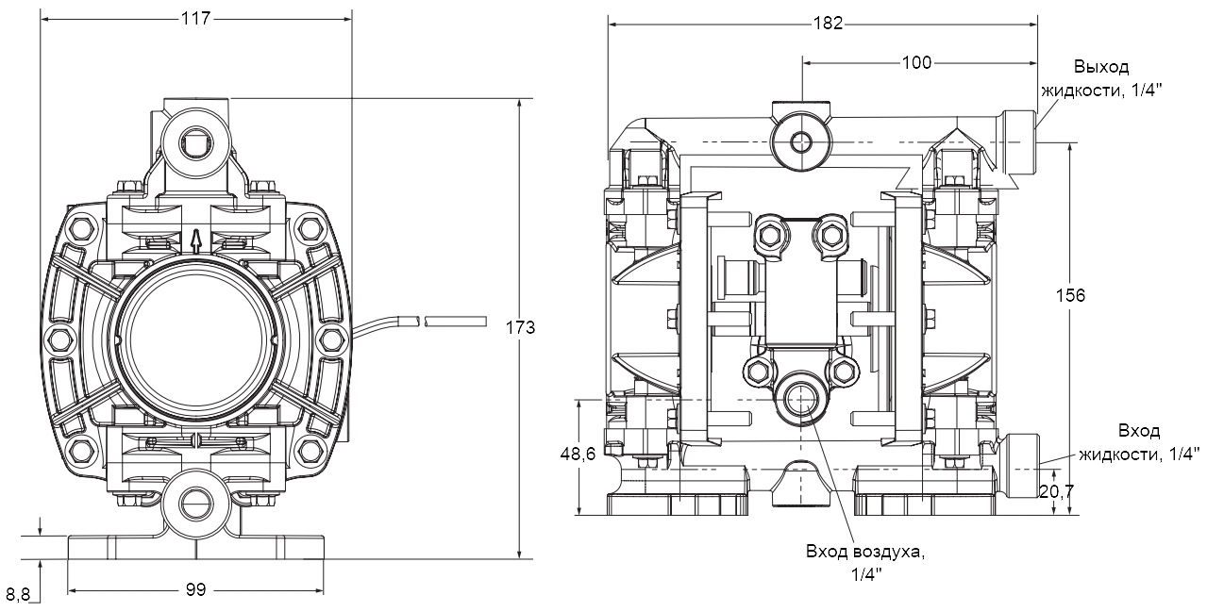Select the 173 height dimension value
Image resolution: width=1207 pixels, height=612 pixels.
click(x=520, y=328)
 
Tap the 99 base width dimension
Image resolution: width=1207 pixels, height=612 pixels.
click(x=195, y=589)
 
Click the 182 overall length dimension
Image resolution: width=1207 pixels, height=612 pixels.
click(x=828, y=23)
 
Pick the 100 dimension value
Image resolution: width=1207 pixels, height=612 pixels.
click(x=915, y=62)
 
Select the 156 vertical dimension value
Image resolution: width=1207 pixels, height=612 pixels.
click(x=1070, y=295)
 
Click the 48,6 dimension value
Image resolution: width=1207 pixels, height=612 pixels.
click(x=578, y=455)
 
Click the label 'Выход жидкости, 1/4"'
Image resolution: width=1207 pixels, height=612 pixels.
click(x=1101, y=78)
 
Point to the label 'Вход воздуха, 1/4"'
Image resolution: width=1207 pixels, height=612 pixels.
click(x=865, y=562)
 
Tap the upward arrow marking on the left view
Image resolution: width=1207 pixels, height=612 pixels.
click(x=195, y=241)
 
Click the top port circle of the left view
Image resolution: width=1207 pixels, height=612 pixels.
click(x=195, y=142)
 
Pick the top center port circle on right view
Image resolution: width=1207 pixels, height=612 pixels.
click(x=801, y=142)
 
